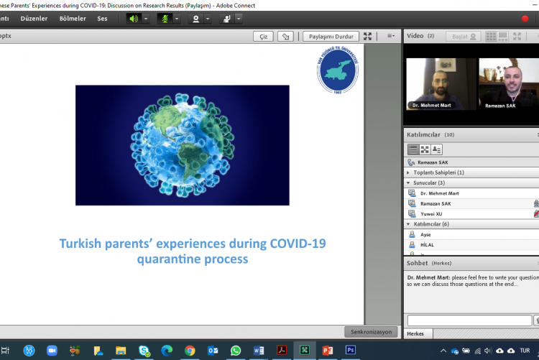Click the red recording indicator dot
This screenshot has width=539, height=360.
[x=525, y=19]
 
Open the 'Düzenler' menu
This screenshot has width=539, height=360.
[x=34, y=19]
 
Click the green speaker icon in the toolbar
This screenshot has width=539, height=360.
[x=133, y=19]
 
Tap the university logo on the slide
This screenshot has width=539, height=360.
[x=337, y=72]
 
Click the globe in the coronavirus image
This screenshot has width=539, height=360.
[x=183, y=144]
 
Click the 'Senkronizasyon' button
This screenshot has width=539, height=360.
[x=371, y=332]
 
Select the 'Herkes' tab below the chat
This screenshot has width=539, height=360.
[x=415, y=334]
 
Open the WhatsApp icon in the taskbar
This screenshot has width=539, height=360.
[x=236, y=350]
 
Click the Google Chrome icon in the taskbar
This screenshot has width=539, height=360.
[x=190, y=350]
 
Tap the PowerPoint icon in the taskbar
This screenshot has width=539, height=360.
[x=328, y=350]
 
